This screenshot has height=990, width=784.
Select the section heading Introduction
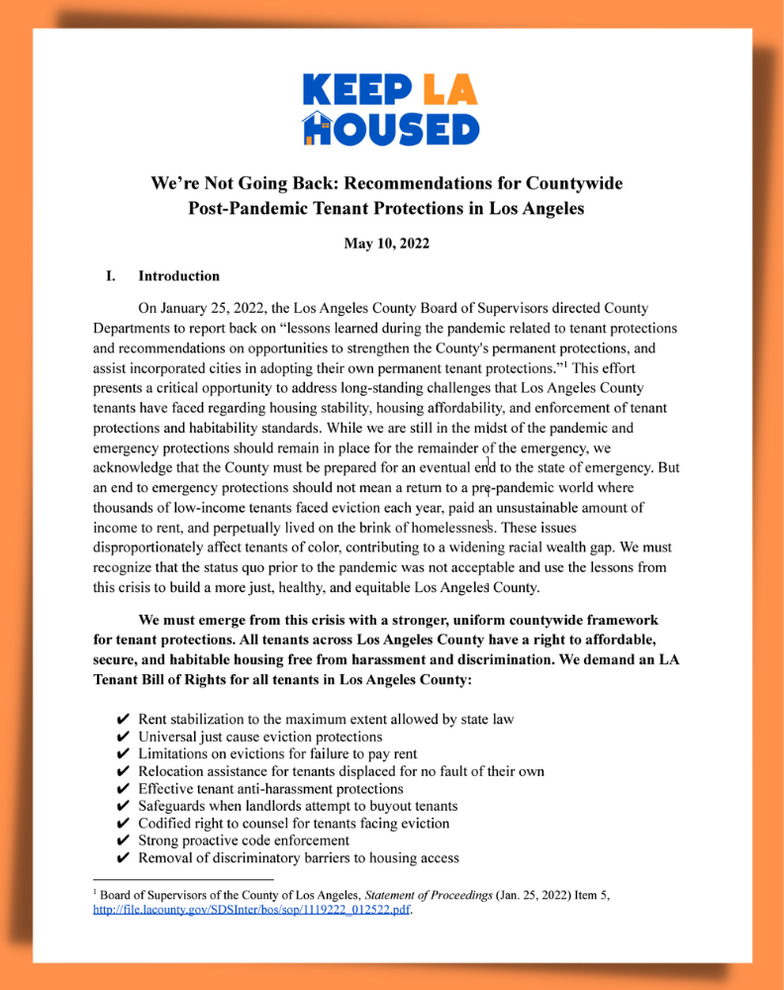(x=178, y=276)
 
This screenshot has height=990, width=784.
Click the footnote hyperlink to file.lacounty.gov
(x=250, y=911)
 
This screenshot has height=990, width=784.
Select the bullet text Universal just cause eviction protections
(x=259, y=737)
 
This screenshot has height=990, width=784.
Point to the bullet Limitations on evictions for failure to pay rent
(x=277, y=753)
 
